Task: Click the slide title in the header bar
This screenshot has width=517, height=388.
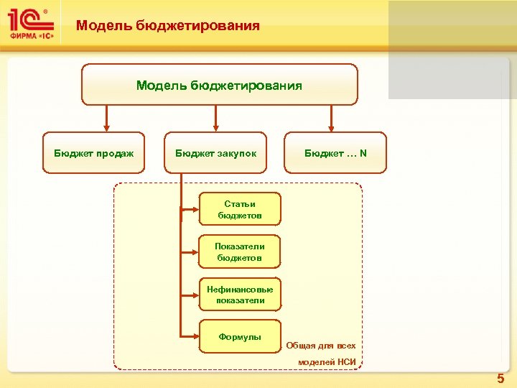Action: [x=168, y=26]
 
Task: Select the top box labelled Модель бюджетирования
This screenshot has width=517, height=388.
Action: [x=219, y=85]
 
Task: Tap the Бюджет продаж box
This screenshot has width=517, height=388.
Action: [x=93, y=153]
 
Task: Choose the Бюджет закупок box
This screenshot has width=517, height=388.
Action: [x=215, y=153]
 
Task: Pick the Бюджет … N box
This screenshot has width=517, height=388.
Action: [x=335, y=153]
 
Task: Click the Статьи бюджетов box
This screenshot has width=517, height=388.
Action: [x=240, y=209]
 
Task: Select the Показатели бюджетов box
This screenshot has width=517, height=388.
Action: [x=240, y=251]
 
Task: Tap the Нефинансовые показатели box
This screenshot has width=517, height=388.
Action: [x=240, y=295]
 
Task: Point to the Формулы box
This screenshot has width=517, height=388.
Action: [x=240, y=336]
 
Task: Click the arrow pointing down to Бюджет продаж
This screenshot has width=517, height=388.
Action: [x=106, y=119]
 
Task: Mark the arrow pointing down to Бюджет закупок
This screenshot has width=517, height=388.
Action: [x=213, y=119]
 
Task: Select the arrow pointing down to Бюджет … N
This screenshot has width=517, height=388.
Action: [x=331, y=119]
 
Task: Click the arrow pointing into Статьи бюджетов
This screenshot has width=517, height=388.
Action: [x=190, y=210]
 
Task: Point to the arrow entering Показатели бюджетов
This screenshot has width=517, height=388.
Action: [x=190, y=252]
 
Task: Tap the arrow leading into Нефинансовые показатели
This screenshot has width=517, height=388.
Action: [x=190, y=295]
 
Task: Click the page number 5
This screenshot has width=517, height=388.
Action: [x=500, y=379]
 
